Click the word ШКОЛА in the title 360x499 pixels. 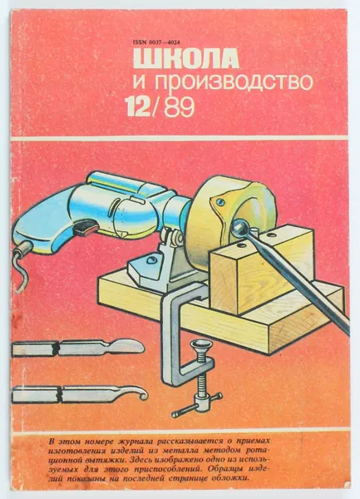[186, 58]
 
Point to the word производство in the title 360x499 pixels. [234, 82]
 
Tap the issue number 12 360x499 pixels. [137, 107]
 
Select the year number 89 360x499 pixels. [179, 107]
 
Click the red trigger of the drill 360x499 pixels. [85, 229]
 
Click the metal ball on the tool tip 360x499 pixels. [239, 228]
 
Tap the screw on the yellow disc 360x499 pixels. [219, 201]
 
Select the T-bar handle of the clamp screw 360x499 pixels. [197, 405]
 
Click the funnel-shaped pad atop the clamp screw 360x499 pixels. [199, 346]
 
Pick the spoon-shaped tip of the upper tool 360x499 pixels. [128, 347]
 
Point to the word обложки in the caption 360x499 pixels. [232, 479]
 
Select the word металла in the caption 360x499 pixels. [184, 451]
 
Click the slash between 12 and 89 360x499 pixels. [155, 107]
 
